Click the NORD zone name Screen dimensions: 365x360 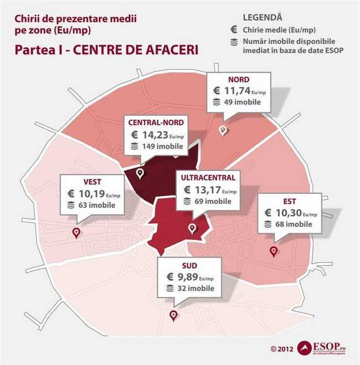[239, 79]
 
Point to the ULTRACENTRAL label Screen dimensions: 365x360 [208, 178]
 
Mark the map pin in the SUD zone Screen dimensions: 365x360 [174, 315]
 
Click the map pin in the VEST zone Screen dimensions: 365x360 [76, 233]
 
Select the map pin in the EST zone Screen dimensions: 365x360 [273, 251]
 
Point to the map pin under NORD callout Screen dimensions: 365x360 [223, 130]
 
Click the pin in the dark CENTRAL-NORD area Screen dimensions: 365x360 [140, 173]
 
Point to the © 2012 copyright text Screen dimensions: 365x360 [282, 349]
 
